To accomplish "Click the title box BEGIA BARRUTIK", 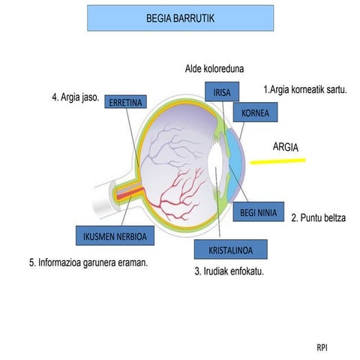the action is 180,18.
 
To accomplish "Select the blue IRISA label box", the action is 222,91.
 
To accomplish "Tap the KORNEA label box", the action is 255,112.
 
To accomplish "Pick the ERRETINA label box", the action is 125,102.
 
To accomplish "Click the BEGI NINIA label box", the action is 259,212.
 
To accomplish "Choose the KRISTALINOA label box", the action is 231,250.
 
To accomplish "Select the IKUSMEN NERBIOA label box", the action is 115,235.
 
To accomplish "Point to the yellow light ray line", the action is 277,161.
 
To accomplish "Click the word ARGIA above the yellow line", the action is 286,147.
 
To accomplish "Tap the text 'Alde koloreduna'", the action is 214,69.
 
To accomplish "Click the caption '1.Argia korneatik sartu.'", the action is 305,89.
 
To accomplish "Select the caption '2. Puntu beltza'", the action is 319,217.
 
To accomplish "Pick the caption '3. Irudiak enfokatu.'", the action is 229,271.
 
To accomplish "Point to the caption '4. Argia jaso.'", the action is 76,97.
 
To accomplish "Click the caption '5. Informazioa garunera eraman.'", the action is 88,262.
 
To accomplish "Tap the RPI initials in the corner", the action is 322,348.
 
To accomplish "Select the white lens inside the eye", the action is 215,165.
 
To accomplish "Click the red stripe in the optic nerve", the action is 130,194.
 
